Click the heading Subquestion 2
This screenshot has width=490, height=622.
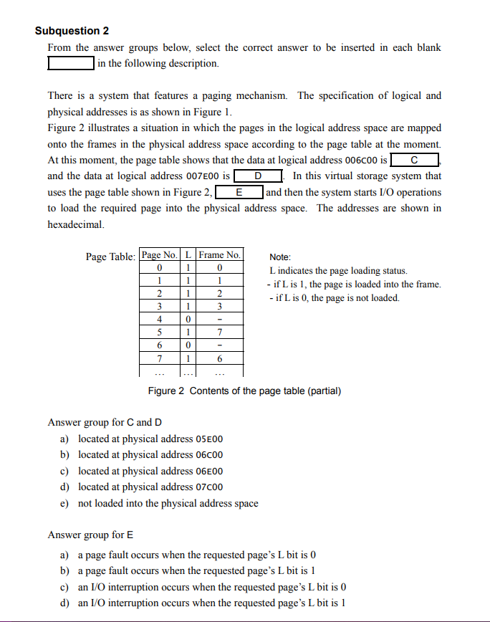click(72, 31)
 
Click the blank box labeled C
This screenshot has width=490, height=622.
click(415, 160)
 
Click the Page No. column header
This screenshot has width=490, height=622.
click(160, 254)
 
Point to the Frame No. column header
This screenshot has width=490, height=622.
click(220, 254)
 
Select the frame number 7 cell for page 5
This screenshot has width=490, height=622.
click(220, 332)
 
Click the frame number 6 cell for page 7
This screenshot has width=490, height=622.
click(220, 358)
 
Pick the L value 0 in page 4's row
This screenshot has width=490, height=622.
click(188, 320)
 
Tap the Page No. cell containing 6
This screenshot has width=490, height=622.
click(160, 345)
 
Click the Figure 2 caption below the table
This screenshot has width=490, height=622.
click(244, 391)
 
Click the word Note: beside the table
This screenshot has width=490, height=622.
click(280, 257)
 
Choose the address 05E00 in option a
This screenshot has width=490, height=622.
click(209, 439)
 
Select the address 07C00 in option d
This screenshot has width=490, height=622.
click(209, 487)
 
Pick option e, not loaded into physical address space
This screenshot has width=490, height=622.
click(168, 503)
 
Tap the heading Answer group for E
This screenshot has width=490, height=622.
click(90, 535)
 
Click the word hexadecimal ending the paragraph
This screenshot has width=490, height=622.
click(75, 224)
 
